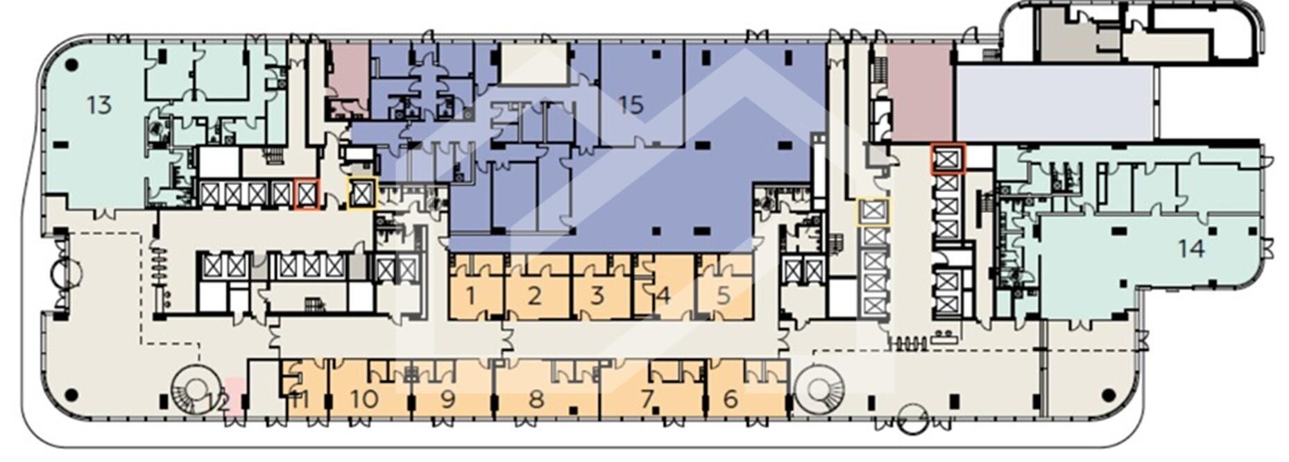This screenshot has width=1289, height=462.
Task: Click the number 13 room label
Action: pos(99,105)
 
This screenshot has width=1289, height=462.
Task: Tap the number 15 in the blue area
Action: pos(631,105)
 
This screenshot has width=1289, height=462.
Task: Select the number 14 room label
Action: pos(1191,248)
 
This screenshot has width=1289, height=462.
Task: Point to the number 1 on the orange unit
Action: pos(471,296)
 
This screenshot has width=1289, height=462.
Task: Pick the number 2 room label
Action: pos(534,296)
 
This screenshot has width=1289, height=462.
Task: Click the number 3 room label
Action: pos(597,296)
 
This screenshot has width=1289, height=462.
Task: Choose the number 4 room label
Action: pos(663,296)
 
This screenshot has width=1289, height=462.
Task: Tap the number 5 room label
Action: pos(724,296)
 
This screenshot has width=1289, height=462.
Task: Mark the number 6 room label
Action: pos(731,400)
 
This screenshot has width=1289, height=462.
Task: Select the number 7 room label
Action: pos(647,400)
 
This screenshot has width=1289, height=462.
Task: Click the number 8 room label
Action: pos(536,400)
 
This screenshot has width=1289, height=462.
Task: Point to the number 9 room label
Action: pos(447,400)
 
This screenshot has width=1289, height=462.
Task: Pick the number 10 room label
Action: pos(364,400)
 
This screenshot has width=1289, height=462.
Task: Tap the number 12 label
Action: pos(219,401)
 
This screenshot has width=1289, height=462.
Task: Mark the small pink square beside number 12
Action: pos(235,396)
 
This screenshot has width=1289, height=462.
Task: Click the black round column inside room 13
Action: pos(71,66)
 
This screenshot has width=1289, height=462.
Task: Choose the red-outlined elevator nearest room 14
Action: pos(947,160)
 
